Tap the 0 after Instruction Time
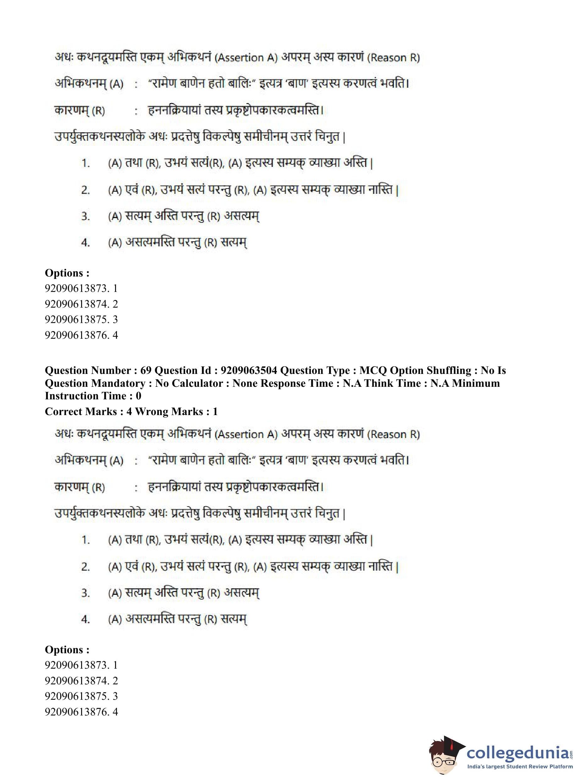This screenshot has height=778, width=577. coord(139,396)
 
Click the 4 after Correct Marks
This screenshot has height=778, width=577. coord(129,412)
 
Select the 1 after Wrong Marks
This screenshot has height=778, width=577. coord(215,412)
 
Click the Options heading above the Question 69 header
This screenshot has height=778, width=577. coord(67,273)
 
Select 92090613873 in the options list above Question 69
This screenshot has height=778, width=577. coord(76,288)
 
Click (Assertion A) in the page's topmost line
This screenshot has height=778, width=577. coord(246,58)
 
